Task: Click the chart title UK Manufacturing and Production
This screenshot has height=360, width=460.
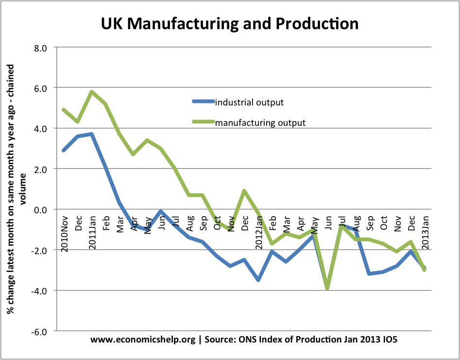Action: (229, 23)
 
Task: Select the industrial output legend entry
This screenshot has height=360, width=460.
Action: (249, 102)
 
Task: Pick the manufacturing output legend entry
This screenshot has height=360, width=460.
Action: (260, 122)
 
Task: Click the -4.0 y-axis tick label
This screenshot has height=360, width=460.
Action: (39, 291)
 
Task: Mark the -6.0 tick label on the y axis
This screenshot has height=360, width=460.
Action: (39, 331)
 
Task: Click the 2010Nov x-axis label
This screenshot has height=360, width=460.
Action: (65, 233)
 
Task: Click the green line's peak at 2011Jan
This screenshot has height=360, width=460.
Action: (91, 92)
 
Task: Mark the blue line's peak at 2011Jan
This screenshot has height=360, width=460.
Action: (91, 134)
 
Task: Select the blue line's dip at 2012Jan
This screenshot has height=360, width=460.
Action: (258, 280)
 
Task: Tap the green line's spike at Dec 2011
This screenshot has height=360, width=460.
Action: (244, 191)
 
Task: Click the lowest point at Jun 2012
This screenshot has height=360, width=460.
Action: (328, 288)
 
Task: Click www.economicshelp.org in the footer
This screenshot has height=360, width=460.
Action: (143, 340)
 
